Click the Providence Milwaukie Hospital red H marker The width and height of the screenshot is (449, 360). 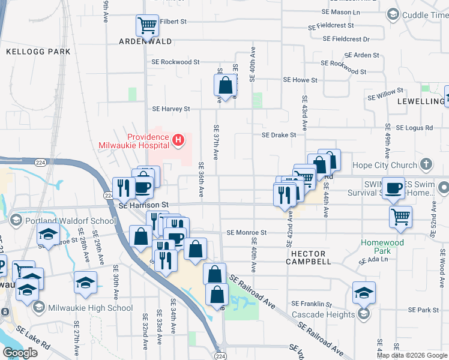(178, 141)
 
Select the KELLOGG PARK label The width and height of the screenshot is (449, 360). (38, 52)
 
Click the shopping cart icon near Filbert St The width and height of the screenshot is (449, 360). (147, 25)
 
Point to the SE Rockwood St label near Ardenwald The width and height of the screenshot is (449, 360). (175, 62)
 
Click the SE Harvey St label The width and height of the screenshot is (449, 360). (171, 109)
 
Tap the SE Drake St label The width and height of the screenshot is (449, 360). (279, 135)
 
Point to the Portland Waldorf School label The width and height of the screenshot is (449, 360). (70, 221)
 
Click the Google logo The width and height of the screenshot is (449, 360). (20, 353)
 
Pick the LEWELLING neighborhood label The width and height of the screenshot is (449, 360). (421, 101)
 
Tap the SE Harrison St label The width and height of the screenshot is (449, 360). (145, 205)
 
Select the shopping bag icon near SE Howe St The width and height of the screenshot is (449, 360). (225, 85)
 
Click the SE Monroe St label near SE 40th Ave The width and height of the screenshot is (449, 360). (246, 232)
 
